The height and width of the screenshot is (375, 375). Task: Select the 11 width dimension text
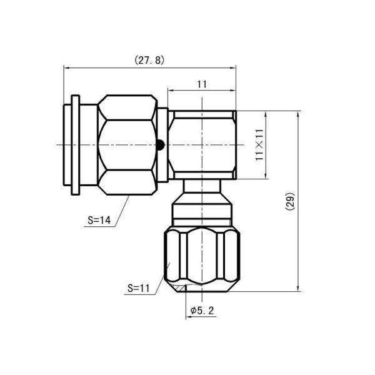[x=201, y=84]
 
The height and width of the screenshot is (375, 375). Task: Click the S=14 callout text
[x=99, y=220]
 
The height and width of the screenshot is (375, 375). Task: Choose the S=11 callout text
[x=138, y=289]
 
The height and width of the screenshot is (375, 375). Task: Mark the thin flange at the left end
[x=76, y=145]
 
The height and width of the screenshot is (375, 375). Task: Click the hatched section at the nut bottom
[x=181, y=288]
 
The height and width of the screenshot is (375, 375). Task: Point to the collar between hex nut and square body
[x=162, y=145]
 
